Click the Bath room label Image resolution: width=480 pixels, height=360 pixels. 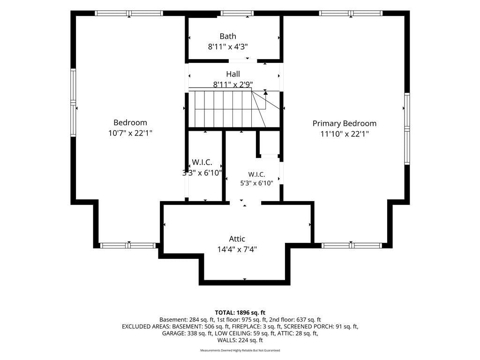pos(228,36)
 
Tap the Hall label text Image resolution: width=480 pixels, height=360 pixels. pos(233,74)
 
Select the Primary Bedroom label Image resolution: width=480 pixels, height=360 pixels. pos(345,123)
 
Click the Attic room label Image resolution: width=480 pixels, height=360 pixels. pos(237,239)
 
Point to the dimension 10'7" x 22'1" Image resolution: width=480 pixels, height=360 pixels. pos(130,133)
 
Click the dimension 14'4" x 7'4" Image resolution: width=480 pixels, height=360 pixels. pos(237,249)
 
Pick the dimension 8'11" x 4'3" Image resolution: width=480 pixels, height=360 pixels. pos(228,47)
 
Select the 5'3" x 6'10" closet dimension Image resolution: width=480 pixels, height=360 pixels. pos(256,183)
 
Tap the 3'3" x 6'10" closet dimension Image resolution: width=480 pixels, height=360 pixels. pos(202,173)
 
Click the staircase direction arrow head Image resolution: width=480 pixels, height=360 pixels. pos(265,92)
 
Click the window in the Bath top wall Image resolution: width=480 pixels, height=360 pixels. pos(237,13)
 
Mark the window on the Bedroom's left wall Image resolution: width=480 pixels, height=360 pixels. pos(73,103)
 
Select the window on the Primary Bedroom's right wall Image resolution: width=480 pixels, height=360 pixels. pos(407,128)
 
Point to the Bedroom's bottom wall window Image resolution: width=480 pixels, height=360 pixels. pos(128,245)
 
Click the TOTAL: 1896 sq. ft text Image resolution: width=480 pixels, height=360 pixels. pos(240,313)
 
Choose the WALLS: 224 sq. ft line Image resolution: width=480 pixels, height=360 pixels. pos(240,340)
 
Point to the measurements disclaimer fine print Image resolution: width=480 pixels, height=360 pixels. pos(240,350)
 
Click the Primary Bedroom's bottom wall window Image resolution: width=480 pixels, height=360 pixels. pos(352,245)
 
